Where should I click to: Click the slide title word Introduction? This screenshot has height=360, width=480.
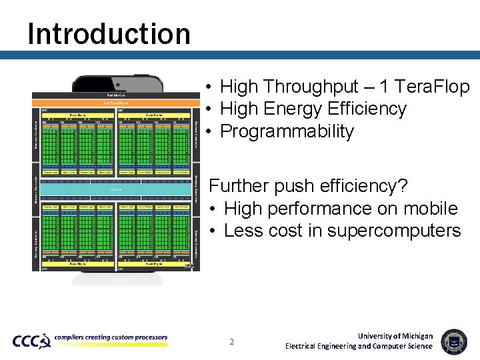(109, 33)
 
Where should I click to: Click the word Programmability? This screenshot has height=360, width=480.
(287, 131)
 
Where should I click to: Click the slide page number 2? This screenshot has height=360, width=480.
(231, 342)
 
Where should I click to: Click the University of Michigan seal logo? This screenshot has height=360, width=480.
(454, 341)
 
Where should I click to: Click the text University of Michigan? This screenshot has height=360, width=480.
(395, 336)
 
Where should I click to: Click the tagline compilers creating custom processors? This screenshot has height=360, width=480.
(111, 337)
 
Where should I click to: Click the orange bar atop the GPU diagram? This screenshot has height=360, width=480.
(116, 103)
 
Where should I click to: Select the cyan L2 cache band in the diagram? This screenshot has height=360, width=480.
(116, 190)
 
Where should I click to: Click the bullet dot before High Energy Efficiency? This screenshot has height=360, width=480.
(209, 109)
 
